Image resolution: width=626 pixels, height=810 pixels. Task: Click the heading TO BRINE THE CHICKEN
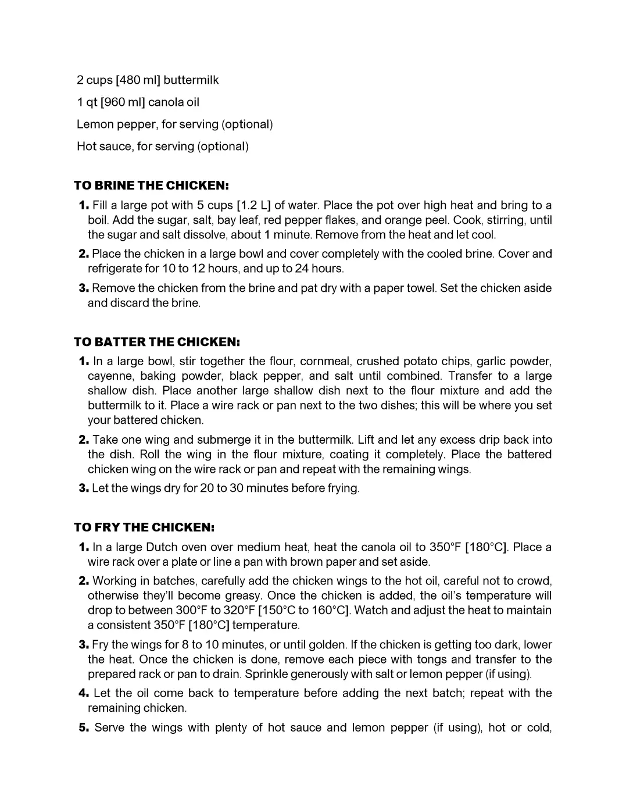(151, 185)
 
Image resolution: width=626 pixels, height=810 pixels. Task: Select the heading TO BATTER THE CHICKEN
(157, 341)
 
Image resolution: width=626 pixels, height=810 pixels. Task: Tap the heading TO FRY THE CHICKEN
(144, 527)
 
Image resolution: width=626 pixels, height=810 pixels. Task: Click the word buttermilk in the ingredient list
(191, 80)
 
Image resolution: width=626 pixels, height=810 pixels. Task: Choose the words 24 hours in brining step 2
(319, 269)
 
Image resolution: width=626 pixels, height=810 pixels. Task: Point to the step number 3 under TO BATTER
(83, 488)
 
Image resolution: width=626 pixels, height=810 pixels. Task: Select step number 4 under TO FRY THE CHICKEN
(83, 693)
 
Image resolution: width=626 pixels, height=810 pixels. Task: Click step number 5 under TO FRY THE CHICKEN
(83, 727)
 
